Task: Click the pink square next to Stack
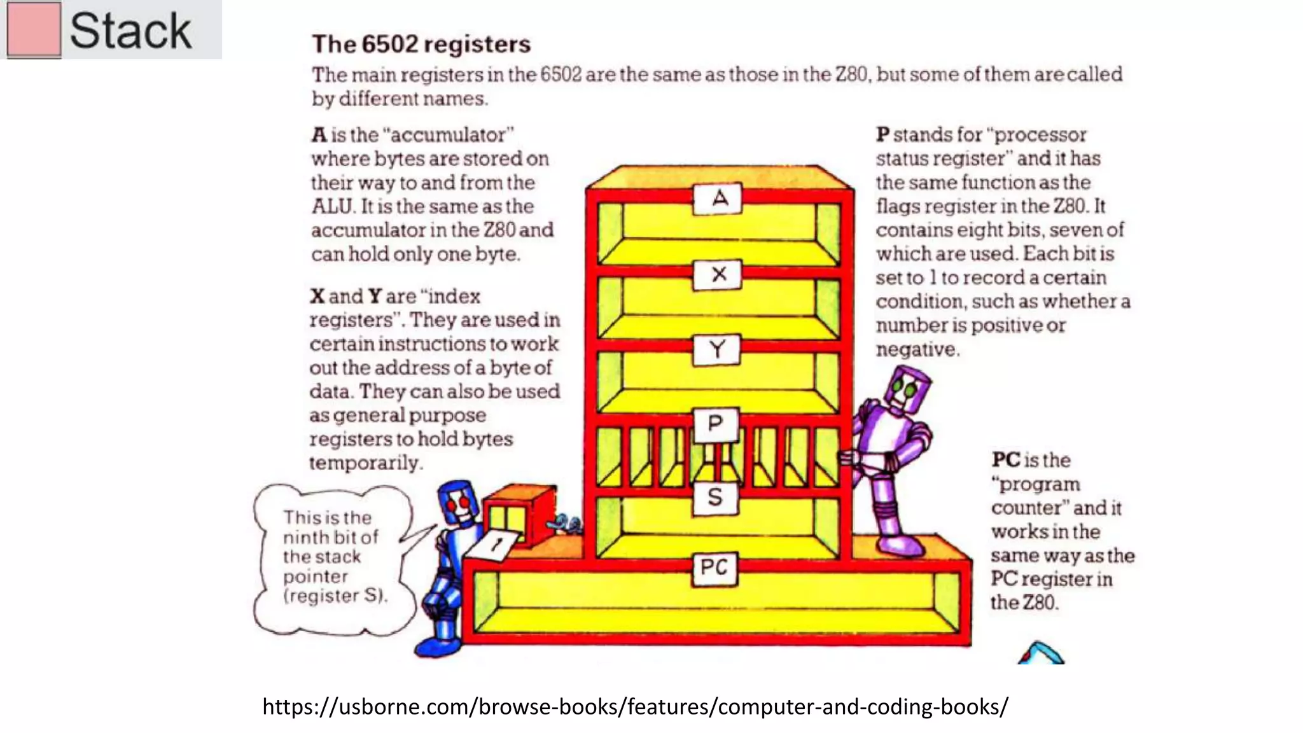pyautogui.click(x=34, y=30)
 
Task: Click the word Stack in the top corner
pyautogui.click(x=130, y=31)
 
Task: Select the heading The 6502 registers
pyautogui.click(x=421, y=44)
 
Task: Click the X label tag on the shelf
pyautogui.click(x=718, y=275)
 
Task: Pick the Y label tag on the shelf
pyautogui.click(x=717, y=349)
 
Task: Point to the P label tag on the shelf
pyautogui.click(x=715, y=424)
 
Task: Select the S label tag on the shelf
pyautogui.click(x=715, y=497)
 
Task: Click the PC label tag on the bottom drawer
pyautogui.click(x=714, y=568)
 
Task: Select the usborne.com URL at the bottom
pyautogui.click(x=635, y=706)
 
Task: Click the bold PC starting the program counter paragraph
pyautogui.click(x=1006, y=459)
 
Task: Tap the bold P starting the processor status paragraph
pyautogui.click(x=882, y=134)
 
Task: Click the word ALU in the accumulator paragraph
pyautogui.click(x=331, y=206)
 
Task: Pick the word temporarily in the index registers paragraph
pyautogui.click(x=365, y=463)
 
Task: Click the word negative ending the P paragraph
pyautogui.click(x=917, y=349)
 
